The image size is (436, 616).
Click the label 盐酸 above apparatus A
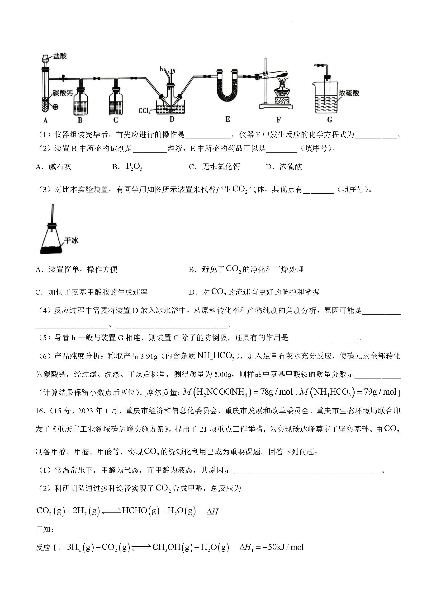[60, 56]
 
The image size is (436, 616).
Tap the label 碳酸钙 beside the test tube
[62, 93]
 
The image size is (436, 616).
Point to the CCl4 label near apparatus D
[144, 111]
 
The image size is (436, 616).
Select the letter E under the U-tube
[228, 119]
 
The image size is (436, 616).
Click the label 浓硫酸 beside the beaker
[349, 93]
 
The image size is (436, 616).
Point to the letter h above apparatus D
[161, 69]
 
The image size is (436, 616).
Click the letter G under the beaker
[330, 120]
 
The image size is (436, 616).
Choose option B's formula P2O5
[134, 167]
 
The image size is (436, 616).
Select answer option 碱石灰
[60, 167]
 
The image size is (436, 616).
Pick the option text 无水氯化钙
[221, 167]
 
